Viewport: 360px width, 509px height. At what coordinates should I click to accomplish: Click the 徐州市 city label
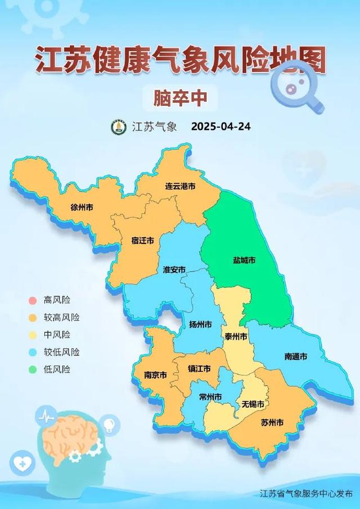[x=82, y=207]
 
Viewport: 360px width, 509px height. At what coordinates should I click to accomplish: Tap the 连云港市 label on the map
[x=180, y=186]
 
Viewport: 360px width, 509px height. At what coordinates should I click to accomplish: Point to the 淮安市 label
[x=174, y=269]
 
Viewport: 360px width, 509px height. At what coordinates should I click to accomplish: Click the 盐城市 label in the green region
[x=244, y=260]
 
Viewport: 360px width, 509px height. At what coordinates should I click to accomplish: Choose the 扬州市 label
[x=201, y=325]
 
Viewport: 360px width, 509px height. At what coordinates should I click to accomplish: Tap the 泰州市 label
[x=236, y=336]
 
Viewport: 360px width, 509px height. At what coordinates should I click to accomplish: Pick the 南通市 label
[x=296, y=356]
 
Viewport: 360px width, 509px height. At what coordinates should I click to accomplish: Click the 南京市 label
[x=156, y=374]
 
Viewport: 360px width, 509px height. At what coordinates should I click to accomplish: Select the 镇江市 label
[x=199, y=369]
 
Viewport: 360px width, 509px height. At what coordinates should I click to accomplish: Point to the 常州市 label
[x=210, y=397]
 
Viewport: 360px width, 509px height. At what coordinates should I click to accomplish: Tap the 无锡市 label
[x=253, y=404]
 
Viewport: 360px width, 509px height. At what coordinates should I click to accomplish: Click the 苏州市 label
[x=272, y=422]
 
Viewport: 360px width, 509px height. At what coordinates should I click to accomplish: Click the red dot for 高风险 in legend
[x=33, y=300]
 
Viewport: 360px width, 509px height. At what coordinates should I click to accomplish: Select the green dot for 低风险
[x=33, y=370]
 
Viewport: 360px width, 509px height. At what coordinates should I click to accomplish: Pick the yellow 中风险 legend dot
[x=33, y=335]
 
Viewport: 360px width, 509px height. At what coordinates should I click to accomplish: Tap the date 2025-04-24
[x=221, y=127]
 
